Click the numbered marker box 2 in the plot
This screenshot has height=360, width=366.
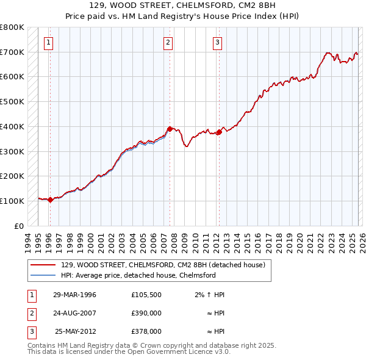(x=168, y=43)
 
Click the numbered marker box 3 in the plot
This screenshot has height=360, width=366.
(x=217, y=43)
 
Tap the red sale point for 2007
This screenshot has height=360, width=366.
(x=169, y=129)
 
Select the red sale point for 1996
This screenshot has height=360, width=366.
(x=50, y=200)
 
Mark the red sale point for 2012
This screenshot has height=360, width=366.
(x=218, y=132)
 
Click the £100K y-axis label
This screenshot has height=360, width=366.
(x=12, y=201)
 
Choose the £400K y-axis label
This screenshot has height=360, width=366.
(x=12, y=126)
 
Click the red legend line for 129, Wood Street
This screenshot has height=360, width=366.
(x=43, y=265)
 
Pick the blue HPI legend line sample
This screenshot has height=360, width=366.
(x=43, y=275)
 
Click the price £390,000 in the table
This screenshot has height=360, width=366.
(x=146, y=312)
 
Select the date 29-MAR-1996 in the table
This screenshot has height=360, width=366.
(x=75, y=295)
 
